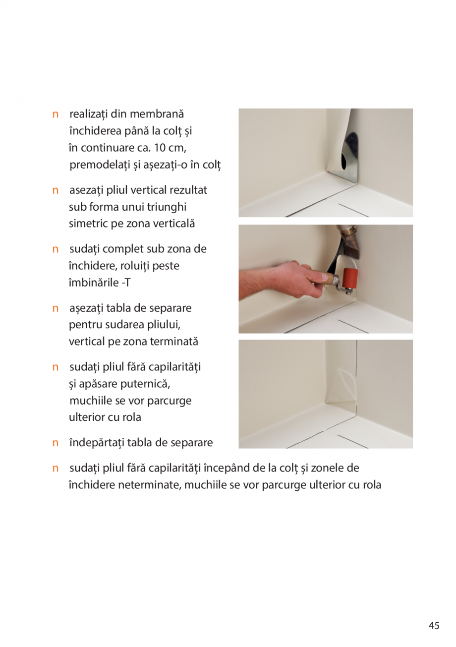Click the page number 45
coord(434,626)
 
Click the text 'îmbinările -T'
coord(99,283)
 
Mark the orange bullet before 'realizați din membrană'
coord(56,115)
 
